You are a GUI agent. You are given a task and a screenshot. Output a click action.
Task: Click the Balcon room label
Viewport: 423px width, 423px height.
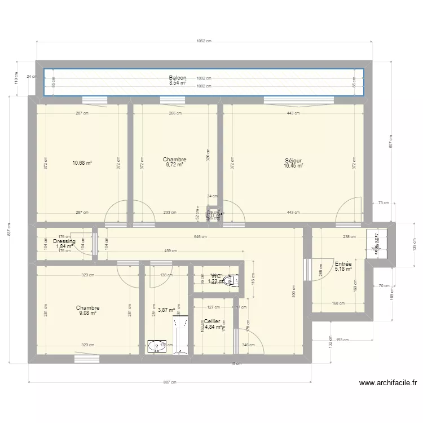coord(177,78)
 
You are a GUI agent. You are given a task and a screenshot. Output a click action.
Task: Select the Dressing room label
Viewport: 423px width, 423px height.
coord(64,241)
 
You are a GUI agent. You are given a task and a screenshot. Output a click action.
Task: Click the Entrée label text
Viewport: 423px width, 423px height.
coord(343,264)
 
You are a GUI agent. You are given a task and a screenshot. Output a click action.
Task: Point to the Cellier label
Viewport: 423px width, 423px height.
coord(212,321)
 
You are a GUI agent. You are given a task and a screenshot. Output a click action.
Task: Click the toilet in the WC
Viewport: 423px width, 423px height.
coord(231,279)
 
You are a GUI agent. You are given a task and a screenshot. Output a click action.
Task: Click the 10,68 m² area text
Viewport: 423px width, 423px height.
coord(82,163)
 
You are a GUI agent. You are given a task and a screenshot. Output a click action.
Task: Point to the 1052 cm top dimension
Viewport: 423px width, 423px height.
coord(204,41)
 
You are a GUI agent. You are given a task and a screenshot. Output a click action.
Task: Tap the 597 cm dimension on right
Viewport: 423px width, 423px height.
coord(389,140)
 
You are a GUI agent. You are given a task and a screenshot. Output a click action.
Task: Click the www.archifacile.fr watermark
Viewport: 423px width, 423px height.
coord(387,383)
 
